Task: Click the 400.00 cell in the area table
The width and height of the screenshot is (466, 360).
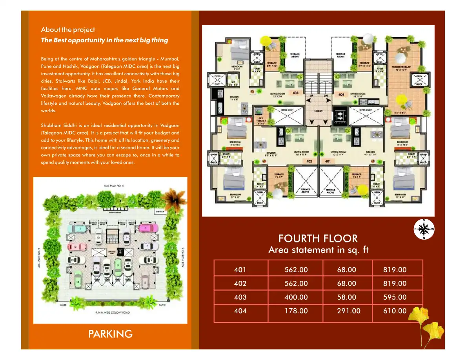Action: (296, 297)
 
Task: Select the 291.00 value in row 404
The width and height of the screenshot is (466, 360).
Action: (348, 311)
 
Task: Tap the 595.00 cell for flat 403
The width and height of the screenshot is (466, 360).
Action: (395, 297)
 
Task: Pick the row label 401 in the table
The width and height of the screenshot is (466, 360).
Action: (240, 270)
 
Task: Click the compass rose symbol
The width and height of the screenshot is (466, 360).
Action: (424, 229)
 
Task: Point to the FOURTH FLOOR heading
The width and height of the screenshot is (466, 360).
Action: (318, 238)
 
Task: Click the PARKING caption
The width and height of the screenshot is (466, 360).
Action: (110, 334)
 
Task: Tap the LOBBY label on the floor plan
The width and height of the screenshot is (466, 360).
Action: (319, 111)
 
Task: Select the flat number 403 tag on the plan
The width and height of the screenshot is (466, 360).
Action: (295, 93)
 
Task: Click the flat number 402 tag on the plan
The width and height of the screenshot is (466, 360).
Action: (309, 161)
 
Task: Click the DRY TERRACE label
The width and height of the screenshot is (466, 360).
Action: (261, 121)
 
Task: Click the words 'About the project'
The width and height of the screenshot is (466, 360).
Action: (68, 30)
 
